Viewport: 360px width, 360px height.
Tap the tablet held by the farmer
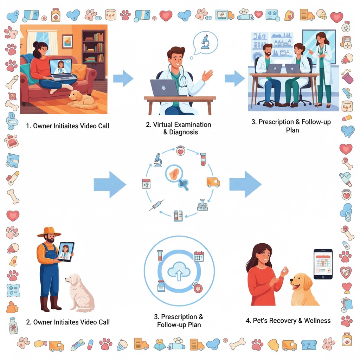[x=66, y=252]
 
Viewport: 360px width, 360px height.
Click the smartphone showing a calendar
[x=323, y=264]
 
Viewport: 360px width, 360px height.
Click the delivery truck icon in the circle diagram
[x=213, y=182]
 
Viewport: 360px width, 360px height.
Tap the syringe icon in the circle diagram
[x=156, y=205]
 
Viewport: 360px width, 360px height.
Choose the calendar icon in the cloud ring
[x=199, y=256]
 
